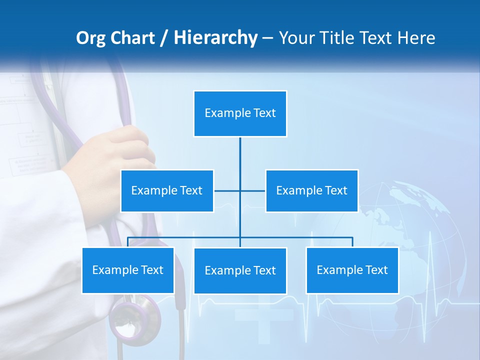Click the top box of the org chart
pos(240,113)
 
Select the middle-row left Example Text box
pos(167,190)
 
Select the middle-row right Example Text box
pos(311,190)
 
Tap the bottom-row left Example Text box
pos(128,270)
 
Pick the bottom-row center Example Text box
pos(240,270)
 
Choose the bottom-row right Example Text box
pos(352,270)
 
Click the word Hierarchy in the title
pos(215,38)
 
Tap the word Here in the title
pos(416,38)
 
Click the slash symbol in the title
pos(164,38)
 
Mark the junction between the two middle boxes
pos(240,190)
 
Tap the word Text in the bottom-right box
pos(376,270)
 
